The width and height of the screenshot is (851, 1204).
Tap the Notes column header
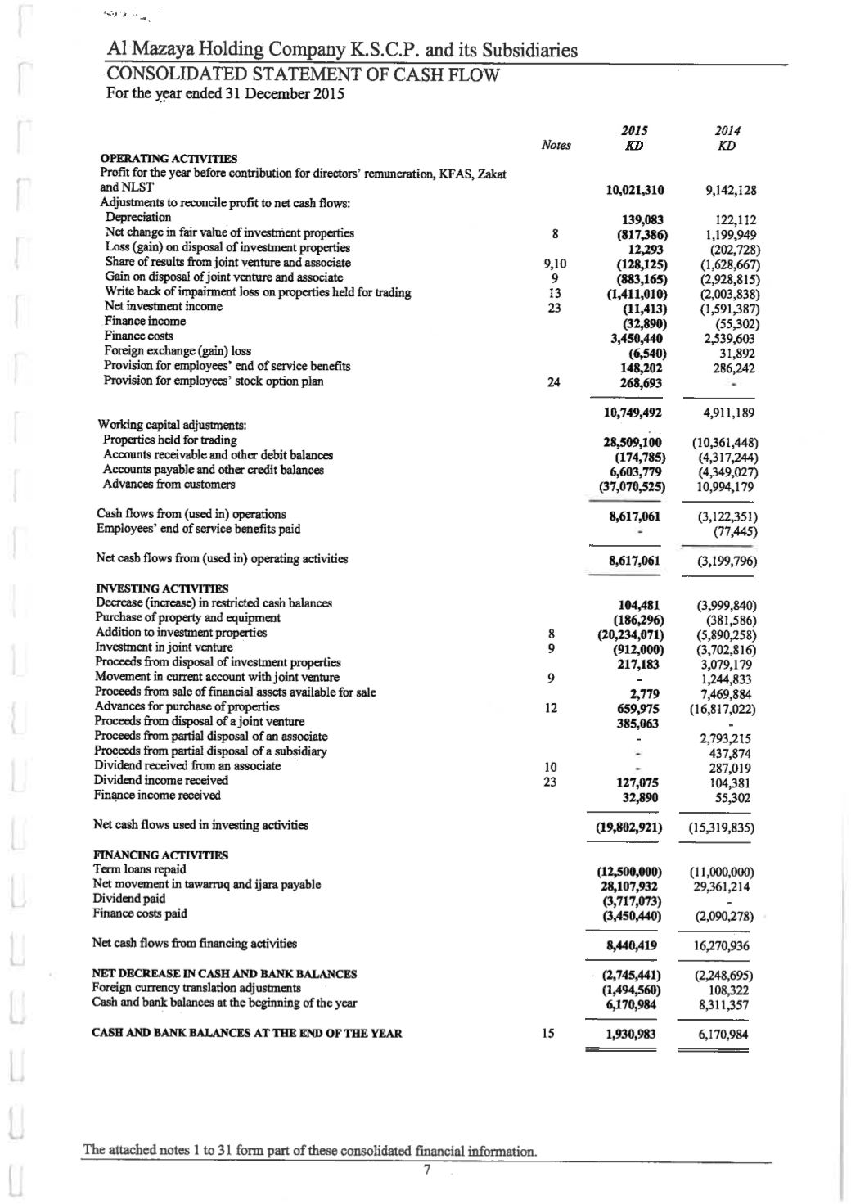(x=556, y=146)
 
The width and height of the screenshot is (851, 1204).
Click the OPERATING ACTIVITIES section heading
(x=169, y=158)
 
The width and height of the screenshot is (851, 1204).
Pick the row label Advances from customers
(x=169, y=485)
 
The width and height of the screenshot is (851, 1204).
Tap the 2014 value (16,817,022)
(x=723, y=709)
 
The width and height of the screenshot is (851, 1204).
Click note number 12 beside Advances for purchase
(x=551, y=707)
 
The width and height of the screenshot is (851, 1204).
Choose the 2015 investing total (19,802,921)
(x=630, y=827)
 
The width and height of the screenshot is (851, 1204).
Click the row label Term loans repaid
(x=140, y=869)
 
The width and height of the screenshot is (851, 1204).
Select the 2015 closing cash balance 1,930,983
(x=631, y=1035)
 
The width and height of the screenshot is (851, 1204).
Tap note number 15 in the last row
(x=549, y=1034)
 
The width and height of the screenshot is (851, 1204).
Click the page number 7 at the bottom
(x=425, y=1168)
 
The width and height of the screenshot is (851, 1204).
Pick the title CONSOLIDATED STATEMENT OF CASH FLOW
(x=303, y=75)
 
